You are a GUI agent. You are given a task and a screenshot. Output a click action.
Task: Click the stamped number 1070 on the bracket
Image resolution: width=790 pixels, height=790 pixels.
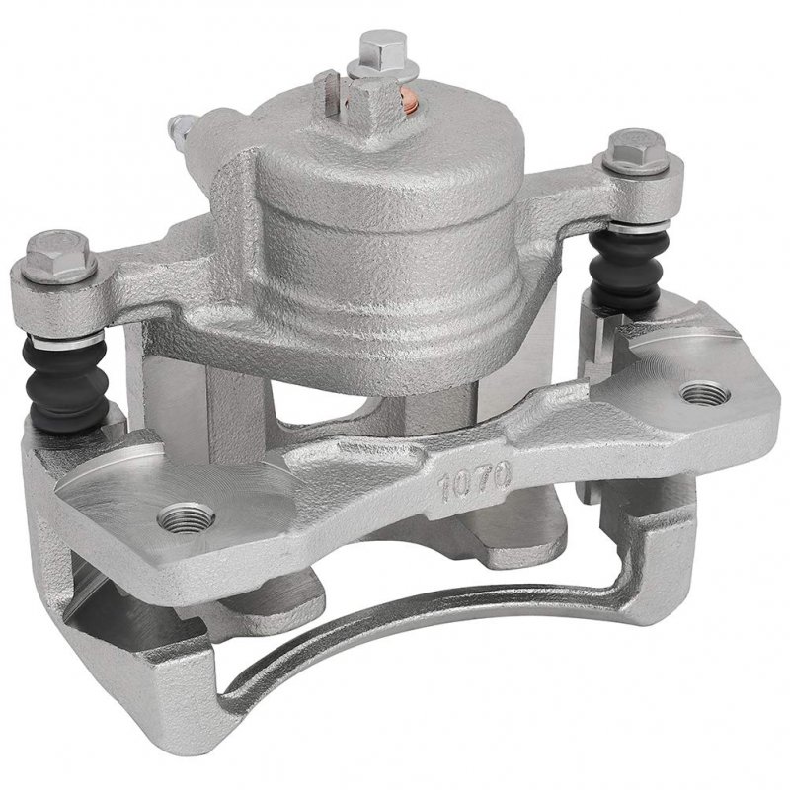476,482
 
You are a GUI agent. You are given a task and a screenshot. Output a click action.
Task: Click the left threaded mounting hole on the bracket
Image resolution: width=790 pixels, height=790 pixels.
186,517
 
